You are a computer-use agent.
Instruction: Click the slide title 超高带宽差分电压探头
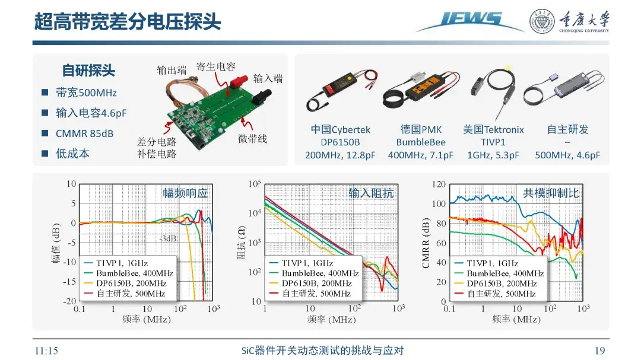click(127, 21)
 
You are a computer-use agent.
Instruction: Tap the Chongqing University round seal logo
click(542, 21)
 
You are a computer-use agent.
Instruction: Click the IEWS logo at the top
click(470, 21)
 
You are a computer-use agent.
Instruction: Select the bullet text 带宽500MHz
click(86, 93)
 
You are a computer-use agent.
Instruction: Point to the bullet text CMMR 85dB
click(84, 133)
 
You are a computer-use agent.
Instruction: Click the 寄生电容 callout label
click(216, 66)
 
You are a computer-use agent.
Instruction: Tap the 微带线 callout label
click(252, 139)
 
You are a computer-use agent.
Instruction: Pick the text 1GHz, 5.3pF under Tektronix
click(493, 155)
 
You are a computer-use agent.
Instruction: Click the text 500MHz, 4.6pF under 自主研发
click(567, 155)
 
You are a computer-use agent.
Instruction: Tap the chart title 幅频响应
click(185, 193)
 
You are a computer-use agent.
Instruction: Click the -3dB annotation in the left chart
click(167, 238)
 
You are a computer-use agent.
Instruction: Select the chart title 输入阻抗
click(371, 193)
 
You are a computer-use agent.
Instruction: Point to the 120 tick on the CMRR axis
click(439, 184)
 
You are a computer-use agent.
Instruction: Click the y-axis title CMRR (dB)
click(426, 243)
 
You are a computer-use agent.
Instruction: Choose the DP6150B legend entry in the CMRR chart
click(496, 283)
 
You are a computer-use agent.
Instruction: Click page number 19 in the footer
click(599, 351)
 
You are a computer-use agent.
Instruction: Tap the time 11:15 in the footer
click(46, 351)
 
